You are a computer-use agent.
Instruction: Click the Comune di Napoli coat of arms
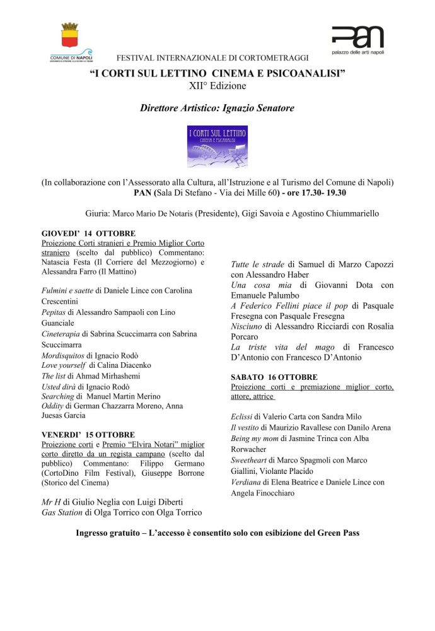69,36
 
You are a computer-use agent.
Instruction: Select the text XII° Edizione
217,85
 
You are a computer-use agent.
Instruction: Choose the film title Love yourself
64,365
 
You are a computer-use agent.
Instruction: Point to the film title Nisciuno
247,326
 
